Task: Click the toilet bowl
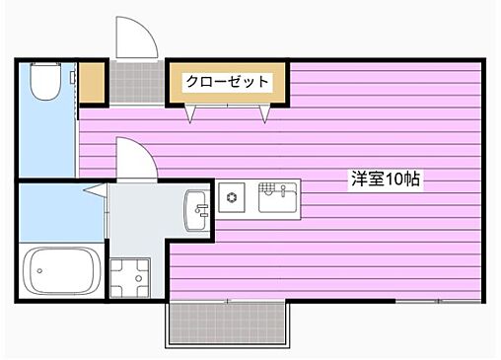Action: coord(43,87)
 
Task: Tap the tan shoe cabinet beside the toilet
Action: coord(93,84)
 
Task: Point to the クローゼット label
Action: coord(227,82)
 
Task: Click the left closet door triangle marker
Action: coord(190,116)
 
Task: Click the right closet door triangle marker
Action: coord(264,116)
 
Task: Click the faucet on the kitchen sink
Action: coord(279,188)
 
